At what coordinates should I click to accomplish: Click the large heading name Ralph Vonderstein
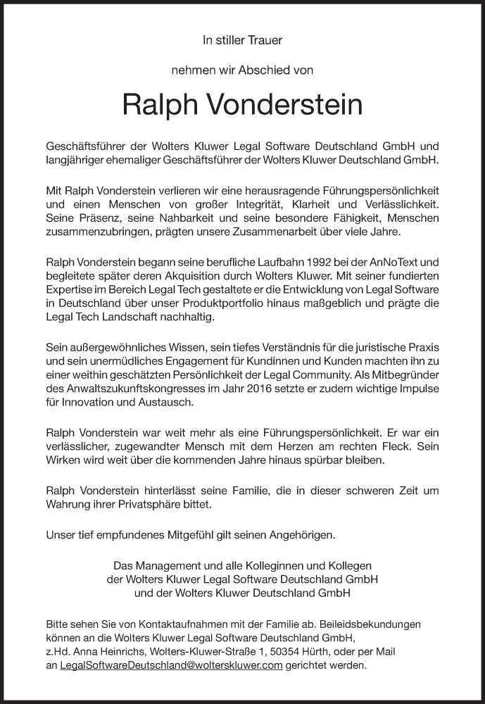point(242,105)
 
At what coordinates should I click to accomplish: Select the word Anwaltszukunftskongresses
point(134,389)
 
